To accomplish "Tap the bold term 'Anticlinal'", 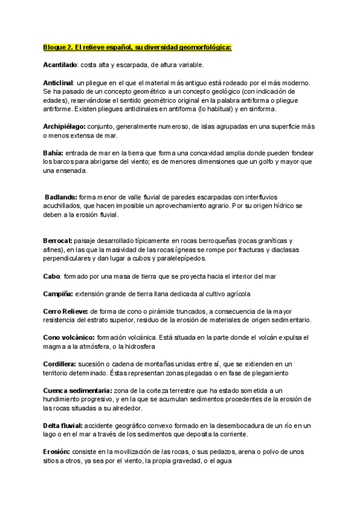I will click(x=58, y=82).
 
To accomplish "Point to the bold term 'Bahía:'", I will click(x=53, y=153).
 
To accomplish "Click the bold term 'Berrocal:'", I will click(x=60, y=240).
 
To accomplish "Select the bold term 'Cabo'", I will click(x=52, y=276).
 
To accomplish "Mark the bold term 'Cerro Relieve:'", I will click(x=66, y=312).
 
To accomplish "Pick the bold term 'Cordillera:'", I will click(x=59, y=364).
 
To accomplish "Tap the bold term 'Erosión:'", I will click(x=57, y=452).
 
